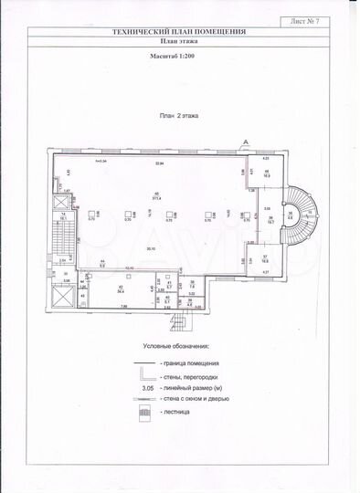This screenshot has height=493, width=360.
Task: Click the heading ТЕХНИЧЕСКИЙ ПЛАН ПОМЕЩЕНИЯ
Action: [178, 32]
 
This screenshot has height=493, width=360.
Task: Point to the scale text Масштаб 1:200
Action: [178, 55]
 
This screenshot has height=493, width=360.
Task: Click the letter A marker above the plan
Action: [245, 141]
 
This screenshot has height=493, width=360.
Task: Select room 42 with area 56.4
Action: [122, 291]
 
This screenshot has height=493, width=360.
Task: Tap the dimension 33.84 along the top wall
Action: [158, 163]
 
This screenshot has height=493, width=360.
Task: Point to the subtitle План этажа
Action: [178, 41]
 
